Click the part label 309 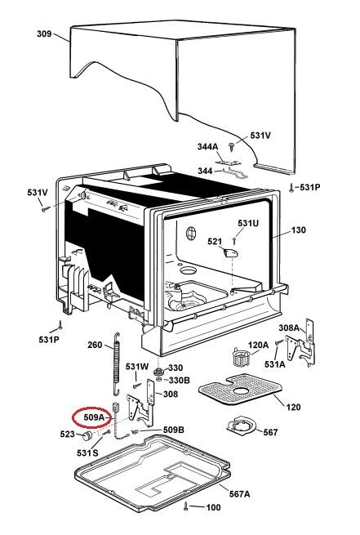pos(44,33)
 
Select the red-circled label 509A pos(94,417)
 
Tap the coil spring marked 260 pos(117,363)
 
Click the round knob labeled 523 pos(88,435)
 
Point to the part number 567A pos(239,493)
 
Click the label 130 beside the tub pos(298,230)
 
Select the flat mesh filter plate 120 pos(241,389)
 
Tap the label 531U pos(248,223)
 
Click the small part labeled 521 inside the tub pos(230,253)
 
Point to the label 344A pos(207,147)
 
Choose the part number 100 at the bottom pos(213,507)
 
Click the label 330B pos(180,380)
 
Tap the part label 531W pos(137,367)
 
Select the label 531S pos(87,453)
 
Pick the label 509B pos(174,430)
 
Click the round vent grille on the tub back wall pos(191,234)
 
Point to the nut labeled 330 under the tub pos(158,371)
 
